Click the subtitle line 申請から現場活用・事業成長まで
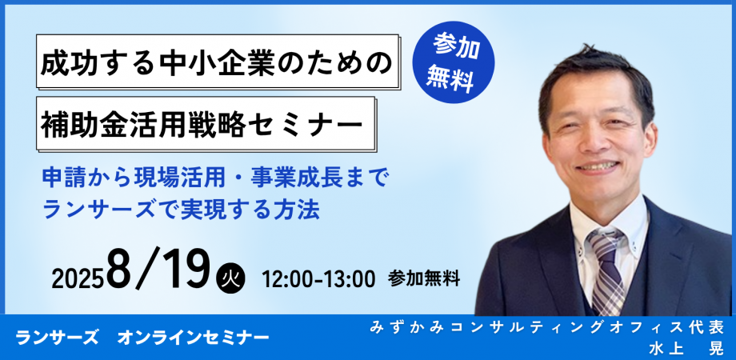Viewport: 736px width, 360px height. [214, 177]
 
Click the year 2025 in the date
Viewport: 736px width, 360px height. [78, 278]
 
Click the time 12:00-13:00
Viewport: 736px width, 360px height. [318, 278]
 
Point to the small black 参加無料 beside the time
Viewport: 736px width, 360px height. [423, 278]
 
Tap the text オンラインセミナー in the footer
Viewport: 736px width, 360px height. [193, 338]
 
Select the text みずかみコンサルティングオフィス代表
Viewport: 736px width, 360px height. [547, 327]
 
